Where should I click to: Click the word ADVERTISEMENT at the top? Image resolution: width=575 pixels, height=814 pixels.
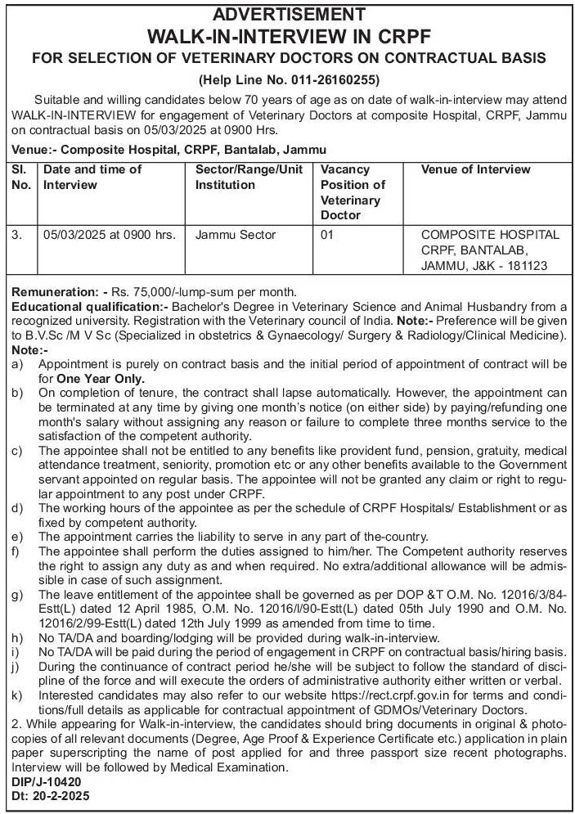coord(288,14)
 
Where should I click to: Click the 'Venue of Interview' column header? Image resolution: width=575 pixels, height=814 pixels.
coord(475,169)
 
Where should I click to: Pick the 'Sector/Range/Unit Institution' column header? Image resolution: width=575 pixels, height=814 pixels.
coord(249,177)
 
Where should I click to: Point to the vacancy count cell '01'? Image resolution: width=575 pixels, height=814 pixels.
coord(328,235)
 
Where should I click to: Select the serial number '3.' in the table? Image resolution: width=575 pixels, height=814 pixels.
coord(17,235)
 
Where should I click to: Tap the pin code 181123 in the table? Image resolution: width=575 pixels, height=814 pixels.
coord(528,266)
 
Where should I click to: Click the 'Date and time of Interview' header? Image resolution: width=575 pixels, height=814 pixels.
coord(92,177)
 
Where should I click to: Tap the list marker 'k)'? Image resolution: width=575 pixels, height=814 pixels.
coord(18,695)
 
